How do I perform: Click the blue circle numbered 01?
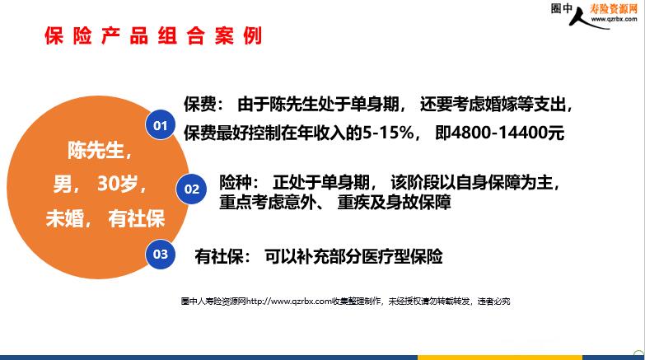point(160,124)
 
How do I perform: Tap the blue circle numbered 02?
point(191,189)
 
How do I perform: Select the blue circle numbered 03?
point(161,254)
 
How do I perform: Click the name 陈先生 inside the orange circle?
point(96,150)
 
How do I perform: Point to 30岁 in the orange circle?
point(117,184)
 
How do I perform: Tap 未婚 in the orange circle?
point(64,218)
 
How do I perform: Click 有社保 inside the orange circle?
point(137,218)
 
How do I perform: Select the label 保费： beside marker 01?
point(204,105)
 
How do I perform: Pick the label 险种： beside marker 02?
point(240,182)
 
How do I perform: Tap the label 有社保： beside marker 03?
point(222,256)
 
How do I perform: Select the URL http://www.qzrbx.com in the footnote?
point(289,302)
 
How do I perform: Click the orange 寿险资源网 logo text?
point(614,8)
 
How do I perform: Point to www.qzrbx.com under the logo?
point(614,19)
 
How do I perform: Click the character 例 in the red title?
point(252,35)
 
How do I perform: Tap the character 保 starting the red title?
point(54,35)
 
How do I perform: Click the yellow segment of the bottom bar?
point(500,358)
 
